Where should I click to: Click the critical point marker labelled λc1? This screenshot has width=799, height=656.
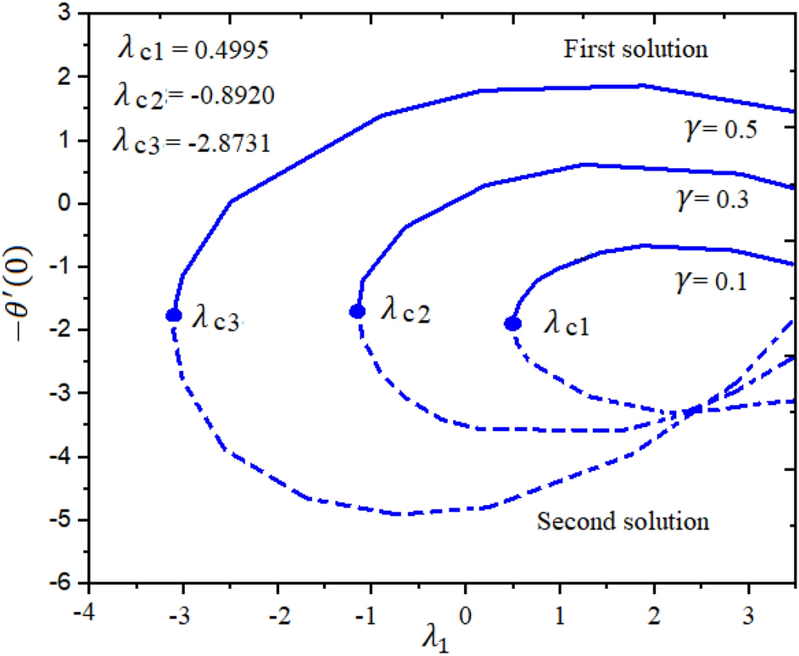click(x=512, y=323)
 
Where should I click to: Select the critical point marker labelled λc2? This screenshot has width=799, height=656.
click(x=357, y=311)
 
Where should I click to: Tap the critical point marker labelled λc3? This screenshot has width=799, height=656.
click(x=174, y=315)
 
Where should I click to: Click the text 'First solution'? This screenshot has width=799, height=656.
click(x=635, y=49)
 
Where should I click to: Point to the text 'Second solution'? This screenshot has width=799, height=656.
click(x=623, y=520)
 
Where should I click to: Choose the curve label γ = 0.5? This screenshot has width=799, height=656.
click(x=720, y=130)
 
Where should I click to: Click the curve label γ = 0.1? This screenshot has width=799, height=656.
click(x=710, y=281)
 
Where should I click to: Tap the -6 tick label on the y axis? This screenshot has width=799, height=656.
click(x=64, y=584)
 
